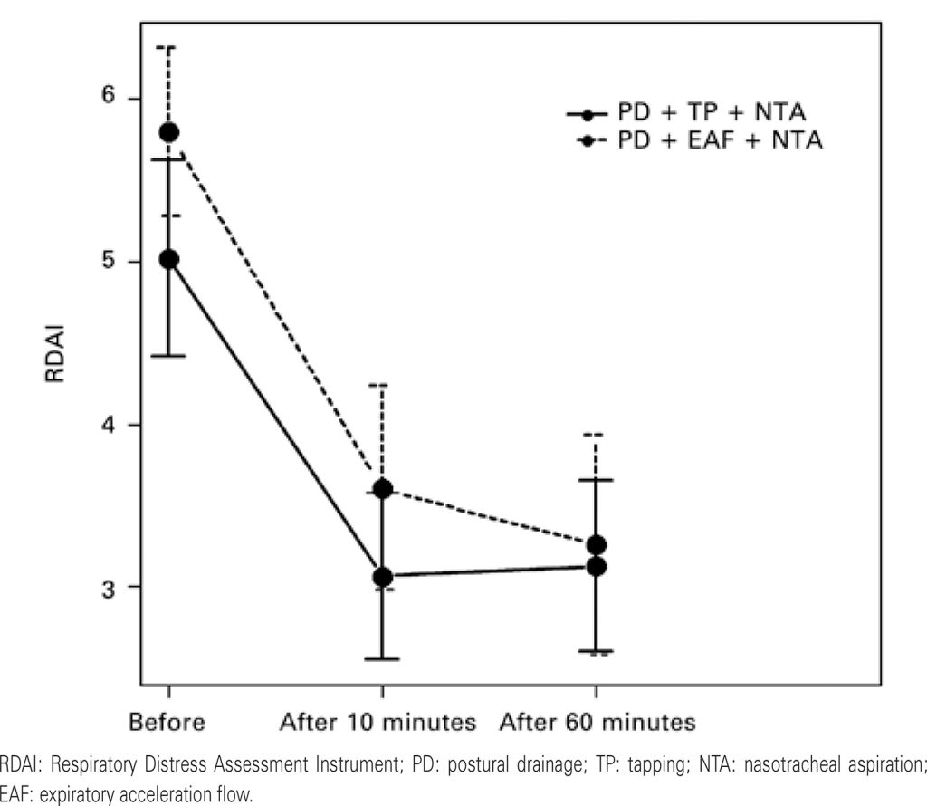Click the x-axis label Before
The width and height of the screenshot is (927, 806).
coord(167,723)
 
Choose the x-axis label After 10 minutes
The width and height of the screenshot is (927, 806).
coord(378,723)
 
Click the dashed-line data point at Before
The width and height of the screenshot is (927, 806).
coord(169,133)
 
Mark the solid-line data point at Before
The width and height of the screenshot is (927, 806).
coord(169,260)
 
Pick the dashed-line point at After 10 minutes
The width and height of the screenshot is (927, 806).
coord(382,489)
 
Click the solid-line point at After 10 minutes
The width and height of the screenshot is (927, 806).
coord(382,576)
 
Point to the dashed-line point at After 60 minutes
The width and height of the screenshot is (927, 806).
coord(597,545)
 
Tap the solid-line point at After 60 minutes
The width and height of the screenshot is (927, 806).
coord(597,566)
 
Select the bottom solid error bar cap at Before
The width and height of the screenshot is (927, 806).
coord(169,356)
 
